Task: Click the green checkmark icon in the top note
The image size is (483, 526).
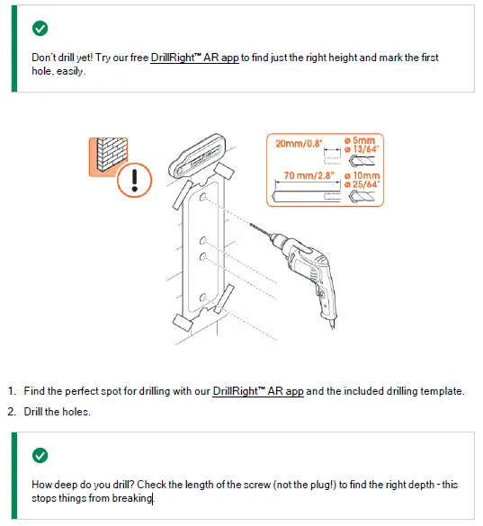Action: pyautogui.click(x=40, y=28)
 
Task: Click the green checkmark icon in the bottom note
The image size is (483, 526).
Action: pyautogui.click(x=40, y=455)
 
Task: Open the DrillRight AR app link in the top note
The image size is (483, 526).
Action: pyautogui.click(x=194, y=58)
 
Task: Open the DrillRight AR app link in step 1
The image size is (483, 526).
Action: pyautogui.click(x=258, y=391)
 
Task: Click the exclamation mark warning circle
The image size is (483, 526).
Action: pyautogui.click(x=135, y=180)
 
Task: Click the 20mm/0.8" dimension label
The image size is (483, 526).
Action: pyautogui.click(x=299, y=144)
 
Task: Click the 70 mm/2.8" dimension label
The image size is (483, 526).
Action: pyautogui.click(x=309, y=175)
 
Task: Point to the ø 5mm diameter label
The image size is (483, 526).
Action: pyautogui.click(x=360, y=140)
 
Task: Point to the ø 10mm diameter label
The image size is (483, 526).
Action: pyautogui.click(x=362, y=175)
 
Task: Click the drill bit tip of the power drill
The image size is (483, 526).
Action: pyautogui.click(x=251, y=225)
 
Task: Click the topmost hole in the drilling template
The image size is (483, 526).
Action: pyautogui.click(x=202, y=197)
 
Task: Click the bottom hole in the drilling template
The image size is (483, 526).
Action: pyautogui.click(x=202, y=298)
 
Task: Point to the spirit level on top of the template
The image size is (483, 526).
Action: pyautogui.click(x=198, y=156)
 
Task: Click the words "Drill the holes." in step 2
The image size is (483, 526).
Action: pyautogui.click(x=58, y=412)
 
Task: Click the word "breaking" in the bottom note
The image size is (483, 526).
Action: pyautogui.click(x=132, y=498)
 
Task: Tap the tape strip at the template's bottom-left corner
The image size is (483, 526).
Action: pyautogui.click(x=183, y=323)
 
